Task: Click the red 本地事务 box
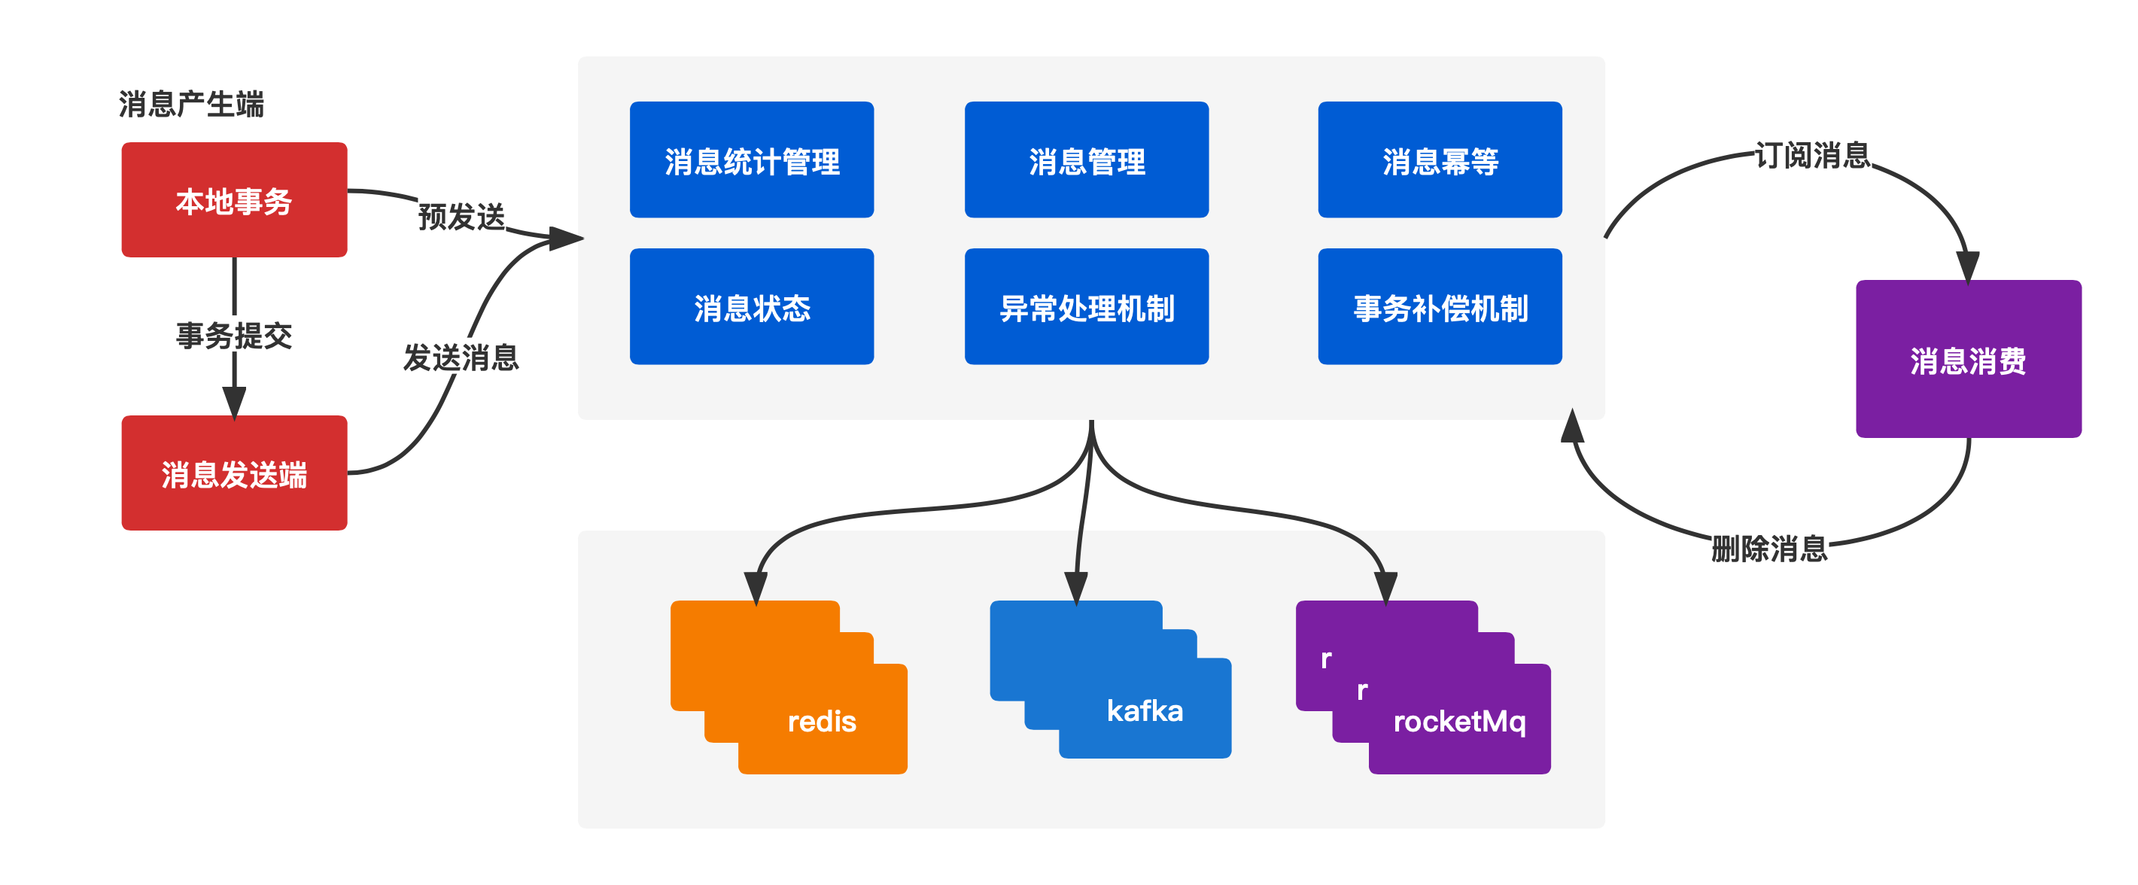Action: point(234,200)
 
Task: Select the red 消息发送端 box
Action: point(234,473)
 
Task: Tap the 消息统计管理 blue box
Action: point(751,160)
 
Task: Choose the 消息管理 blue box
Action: point(1087,160)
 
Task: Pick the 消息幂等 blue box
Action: point(1440,160)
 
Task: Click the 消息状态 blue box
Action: point(751,307)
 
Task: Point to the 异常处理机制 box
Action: point(1087,307)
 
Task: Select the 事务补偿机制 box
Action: point(1440,307)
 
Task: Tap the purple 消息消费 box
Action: point(1968,360)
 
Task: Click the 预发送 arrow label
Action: point(461,216)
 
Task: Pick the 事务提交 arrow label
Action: point(234,335)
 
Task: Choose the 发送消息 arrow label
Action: point(461,357)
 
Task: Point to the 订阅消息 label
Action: point(1812,154)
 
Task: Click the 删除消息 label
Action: point(1769,548)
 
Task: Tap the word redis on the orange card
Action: point(822,721)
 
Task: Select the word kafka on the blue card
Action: point(1145,710)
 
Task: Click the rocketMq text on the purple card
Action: point(1459,722)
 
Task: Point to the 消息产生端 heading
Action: point(191,105)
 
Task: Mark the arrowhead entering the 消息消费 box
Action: point(1967,267)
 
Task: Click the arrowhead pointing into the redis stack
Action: point(756,588)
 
